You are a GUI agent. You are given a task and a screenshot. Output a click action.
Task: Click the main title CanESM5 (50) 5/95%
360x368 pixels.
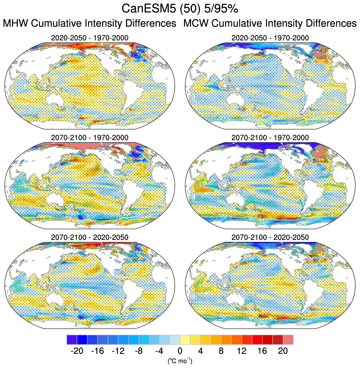click(180, 9)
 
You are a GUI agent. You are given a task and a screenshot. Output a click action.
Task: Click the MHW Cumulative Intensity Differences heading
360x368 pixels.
click(90, 24)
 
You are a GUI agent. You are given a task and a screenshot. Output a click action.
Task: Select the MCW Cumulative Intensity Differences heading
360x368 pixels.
click(270, 24)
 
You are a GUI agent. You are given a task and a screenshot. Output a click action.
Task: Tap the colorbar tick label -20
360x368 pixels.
click(77, 351)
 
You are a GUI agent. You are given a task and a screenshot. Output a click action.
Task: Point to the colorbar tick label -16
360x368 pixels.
click(97, 351)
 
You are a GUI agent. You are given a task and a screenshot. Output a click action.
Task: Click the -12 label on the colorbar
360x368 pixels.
click(118, 351)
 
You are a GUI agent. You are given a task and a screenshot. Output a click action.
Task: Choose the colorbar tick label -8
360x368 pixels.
click(138, 351)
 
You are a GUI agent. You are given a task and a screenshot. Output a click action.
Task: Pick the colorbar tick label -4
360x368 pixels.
click(159, 351)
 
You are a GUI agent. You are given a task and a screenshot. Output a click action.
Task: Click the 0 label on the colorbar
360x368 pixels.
click(180, 351)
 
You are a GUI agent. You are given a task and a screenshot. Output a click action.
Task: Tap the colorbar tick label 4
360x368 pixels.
click(201, 351)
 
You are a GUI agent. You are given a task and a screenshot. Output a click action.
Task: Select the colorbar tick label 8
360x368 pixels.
click(221, 351)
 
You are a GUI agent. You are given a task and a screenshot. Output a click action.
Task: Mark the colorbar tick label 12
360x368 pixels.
click(242, 351)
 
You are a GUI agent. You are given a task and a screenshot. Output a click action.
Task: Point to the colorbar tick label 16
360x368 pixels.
click(262, 351)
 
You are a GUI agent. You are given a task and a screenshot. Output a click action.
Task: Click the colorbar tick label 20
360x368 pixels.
click(283, 351)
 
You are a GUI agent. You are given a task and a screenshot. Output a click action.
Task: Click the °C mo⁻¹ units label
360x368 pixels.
click(180, 361)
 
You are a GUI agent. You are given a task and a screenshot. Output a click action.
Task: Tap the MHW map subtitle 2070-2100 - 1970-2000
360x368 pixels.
click(90, 138)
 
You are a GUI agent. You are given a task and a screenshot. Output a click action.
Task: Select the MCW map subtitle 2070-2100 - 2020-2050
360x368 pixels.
click(270, 237)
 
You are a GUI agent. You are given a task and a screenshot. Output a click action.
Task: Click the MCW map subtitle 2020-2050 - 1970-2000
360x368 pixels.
click(270, 38)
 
